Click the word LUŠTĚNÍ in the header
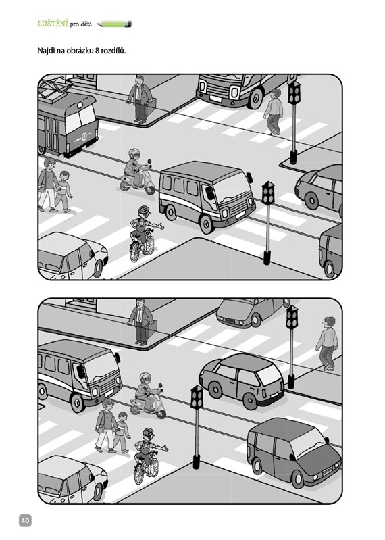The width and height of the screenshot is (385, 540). (53, 24)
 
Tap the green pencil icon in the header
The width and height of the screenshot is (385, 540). (114, 24)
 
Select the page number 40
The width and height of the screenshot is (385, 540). (25, 520)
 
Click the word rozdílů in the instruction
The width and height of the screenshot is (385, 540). (113, 51)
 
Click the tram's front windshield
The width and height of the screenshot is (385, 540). (80, 118)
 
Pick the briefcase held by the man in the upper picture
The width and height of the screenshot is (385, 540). (151, 107)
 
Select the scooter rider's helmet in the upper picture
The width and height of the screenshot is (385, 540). (134, 153)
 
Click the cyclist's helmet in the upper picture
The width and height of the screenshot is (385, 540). (144, 210)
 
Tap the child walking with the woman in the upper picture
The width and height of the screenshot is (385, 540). (63, 192)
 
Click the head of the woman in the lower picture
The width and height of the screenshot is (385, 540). (108, 404)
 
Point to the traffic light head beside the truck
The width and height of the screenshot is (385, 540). (294, 93)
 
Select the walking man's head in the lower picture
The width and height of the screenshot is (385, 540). (328, 322)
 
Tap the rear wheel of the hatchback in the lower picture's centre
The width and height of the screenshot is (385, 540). (215, 390)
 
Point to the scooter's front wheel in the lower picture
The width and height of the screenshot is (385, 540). (161, 414)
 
